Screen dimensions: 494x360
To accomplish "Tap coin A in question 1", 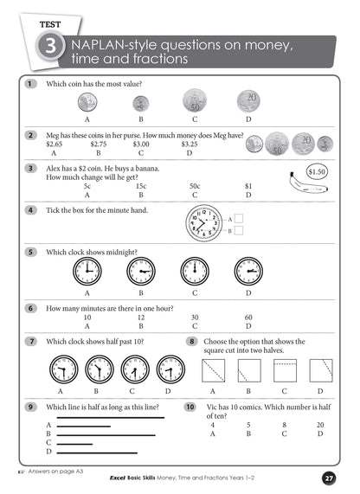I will (87, 104).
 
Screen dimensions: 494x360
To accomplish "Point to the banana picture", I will (297, 183).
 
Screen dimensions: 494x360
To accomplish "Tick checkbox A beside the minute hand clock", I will (240, 219).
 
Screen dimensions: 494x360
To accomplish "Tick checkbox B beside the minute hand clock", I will (240, 231).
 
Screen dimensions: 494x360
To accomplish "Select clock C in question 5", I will (196, 271).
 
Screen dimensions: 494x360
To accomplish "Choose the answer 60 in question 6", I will (248, 318).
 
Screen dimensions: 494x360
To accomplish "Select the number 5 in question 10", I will (248, 424).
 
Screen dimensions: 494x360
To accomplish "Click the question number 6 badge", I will (31, 308).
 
